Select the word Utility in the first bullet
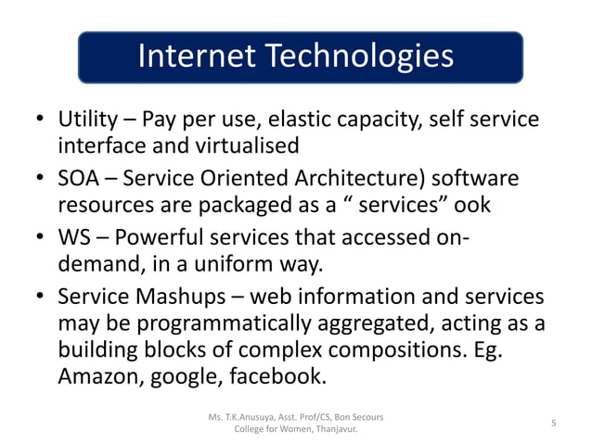click(88, 120)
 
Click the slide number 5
click(553, 424)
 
